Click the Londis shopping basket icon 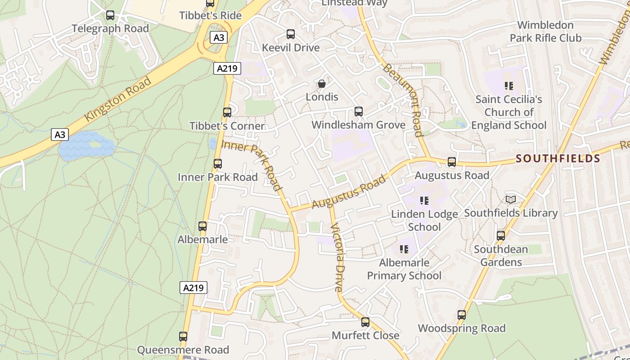(x=322, y=84)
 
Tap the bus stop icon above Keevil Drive (x=291, y=34)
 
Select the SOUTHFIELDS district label (x=558, y=158)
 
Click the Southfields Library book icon (x=510, y=199)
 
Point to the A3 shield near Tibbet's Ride (x=218, y=37)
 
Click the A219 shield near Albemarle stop (x=193, y=288)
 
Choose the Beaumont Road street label (x=403, y=100)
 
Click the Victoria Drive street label (x=337, y=257)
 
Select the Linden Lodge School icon (x=424, y=200)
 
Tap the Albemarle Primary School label (x=404, y=269)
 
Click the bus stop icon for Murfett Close (x=365, y=322)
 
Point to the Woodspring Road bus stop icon (x=462, y=315)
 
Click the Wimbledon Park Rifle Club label (x=545, y=31)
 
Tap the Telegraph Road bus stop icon (x=110, y=15)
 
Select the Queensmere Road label (x=183, y=350)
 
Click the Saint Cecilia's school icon (x=509, y=85)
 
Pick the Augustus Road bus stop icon (x=452, y=162)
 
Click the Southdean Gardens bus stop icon (x=500, y=235)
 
